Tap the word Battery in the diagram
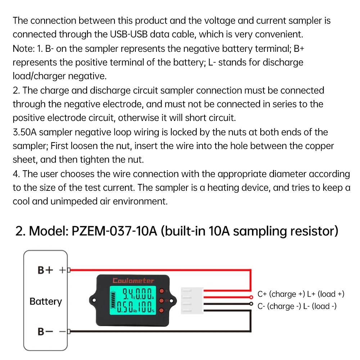coord(46,301)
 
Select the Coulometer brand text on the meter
coord(133,280)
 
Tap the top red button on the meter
coord(162,291)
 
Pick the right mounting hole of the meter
coord(172,300)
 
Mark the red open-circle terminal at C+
coord(252,297)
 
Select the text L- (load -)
coord(324,306)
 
